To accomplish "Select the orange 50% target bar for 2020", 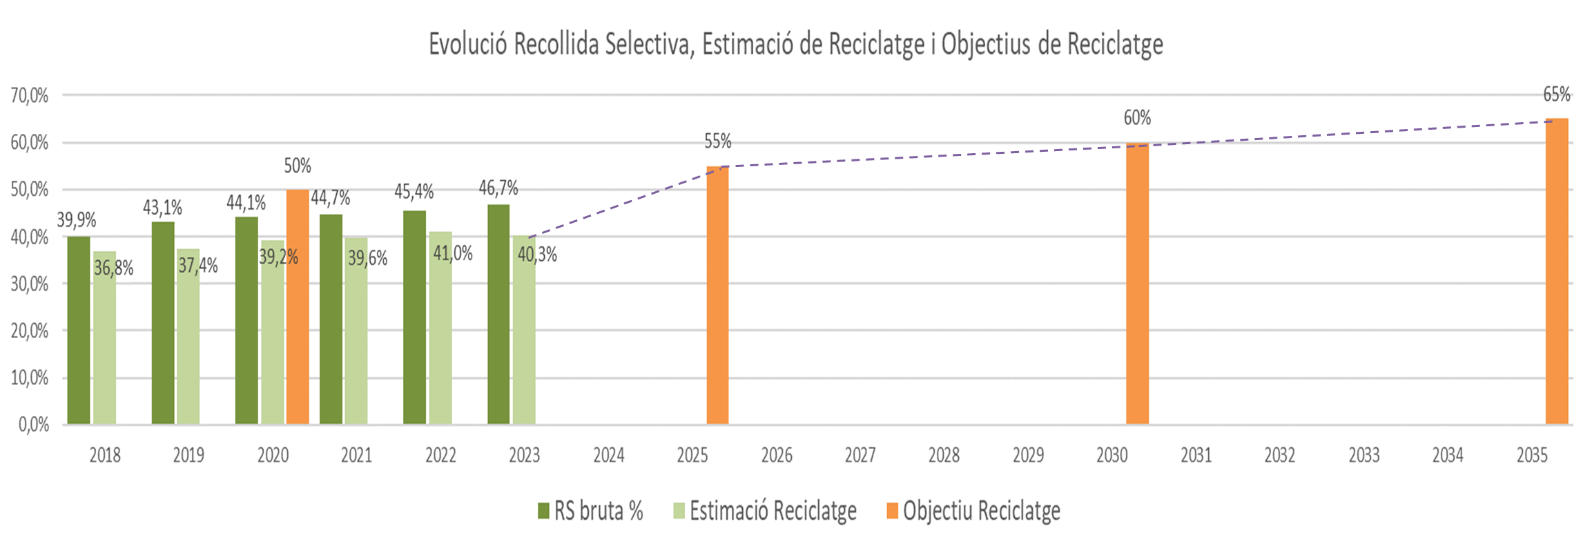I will point(298,307).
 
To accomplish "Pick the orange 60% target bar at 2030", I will point(1137,284).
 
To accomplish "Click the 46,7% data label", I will point(498,188).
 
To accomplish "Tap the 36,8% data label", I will point(114,268).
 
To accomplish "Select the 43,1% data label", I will point(162,207).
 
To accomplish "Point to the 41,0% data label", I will point(453,253).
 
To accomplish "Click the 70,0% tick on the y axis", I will point(30,95).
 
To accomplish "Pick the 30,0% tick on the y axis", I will point(30,284).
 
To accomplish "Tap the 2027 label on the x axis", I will point(860,455).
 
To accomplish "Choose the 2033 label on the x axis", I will point(1364,455).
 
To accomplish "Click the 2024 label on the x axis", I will point(609,455).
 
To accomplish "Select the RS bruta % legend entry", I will point(598,511).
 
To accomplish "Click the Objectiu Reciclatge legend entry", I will point(981,511).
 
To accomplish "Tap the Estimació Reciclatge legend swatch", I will point(679,511).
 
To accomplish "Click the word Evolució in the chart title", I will point(469,44).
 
